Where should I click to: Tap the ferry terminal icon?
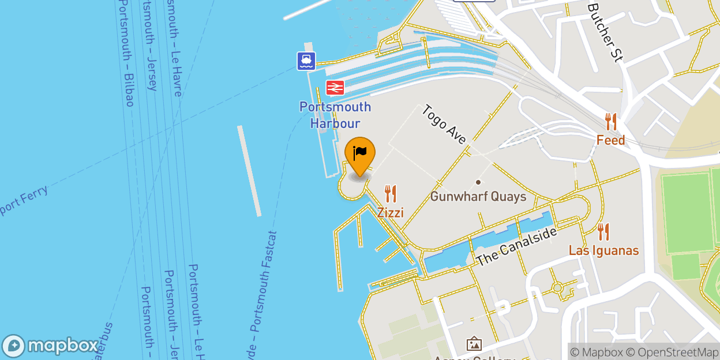tap(306, 61)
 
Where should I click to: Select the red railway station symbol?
tap(335, 88)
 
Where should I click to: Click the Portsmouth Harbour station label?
tap(335, 115)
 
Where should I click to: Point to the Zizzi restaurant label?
tap(391, 213)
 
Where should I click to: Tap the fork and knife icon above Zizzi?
tap(391, 193)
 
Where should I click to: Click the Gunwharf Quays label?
tap(478, 197)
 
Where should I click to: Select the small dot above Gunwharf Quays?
tap(478, 182)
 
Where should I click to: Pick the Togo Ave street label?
tap(445, 125)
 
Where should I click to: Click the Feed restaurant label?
tap(610, 140)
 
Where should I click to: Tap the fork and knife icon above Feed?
tap(610, 122)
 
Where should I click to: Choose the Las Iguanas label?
tap(603, 250)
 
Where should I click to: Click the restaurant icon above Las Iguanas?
tap(603, 232)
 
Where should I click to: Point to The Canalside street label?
tap(516, 247)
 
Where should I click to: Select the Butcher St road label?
tap(605, 32)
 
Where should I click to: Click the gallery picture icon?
tap(474, 344)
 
